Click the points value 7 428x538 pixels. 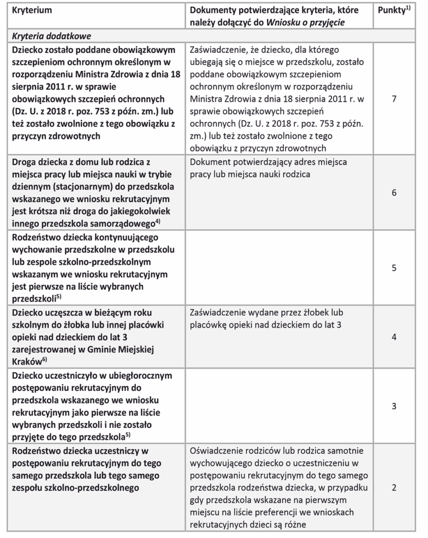pyautogui.click(x=394, y=98)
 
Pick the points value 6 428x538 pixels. pyautogui.click(x=394, y=193)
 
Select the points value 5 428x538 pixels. pyautogui.click(x=394, y=267)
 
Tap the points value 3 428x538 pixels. pyautogui.click(x=394, y=406)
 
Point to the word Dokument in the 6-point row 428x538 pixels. pyautogui.click(x=209, y=162)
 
